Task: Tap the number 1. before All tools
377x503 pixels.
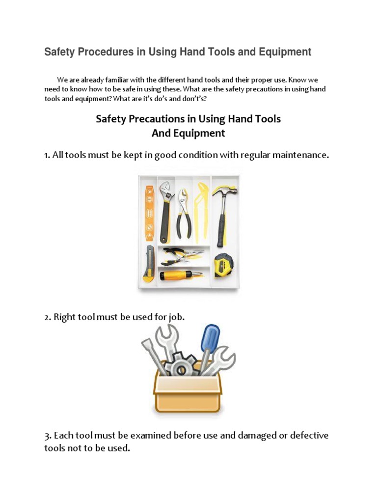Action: coord(48,155)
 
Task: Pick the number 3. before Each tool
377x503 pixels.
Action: coord(48,435)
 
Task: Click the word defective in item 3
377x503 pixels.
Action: coord(308,435)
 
